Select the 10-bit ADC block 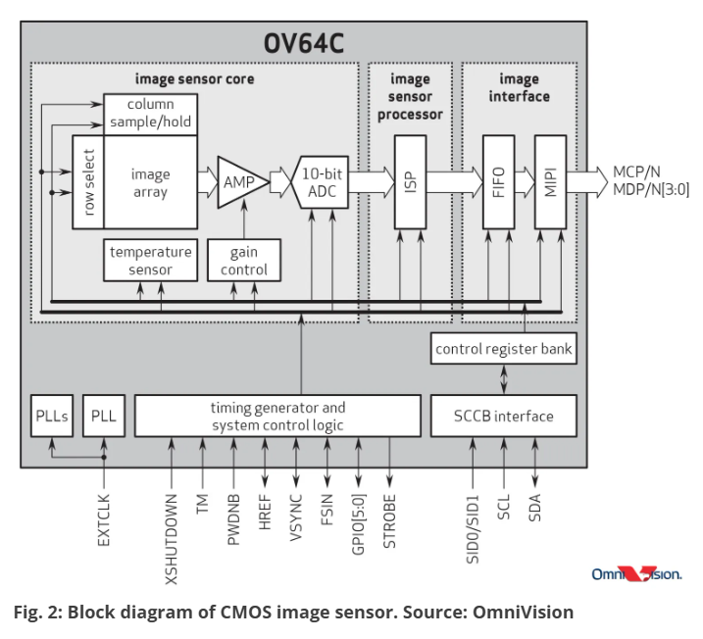point(320,182)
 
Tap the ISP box point(410,182)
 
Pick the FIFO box point(498,182)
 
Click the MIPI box point(551,182)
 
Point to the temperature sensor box point(151,261)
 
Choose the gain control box point(244,261)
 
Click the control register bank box point(504,348)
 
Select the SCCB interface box point(504,416)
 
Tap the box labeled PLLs point(52,416)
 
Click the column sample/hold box point(151,114)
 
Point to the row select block point(88,182)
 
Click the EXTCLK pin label point(104,519)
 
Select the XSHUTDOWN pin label point(172,539)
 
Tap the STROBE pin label point(389,521)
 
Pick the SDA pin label point(535,508)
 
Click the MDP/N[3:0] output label point(651,189)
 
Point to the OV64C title point(304,43)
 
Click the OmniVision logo point(636,574)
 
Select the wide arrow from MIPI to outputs point(587,182)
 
